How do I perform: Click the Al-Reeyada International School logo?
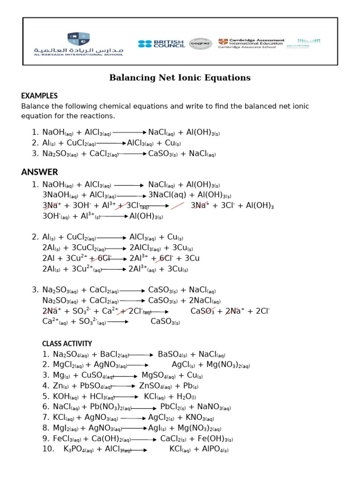pos(78,44)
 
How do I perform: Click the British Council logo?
pos(161,44)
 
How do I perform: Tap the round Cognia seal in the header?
pos(200,44)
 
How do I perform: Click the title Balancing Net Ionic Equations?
pos(180,78)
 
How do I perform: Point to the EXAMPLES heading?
pos(39,96)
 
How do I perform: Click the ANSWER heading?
pos(39,172)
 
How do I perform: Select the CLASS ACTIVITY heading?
pos(67,344)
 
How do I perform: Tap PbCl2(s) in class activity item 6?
pos(174,407)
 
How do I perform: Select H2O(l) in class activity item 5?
pos(186,397)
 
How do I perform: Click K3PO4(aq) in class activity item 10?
pos(78,449)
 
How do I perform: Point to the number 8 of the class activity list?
pos(45,428)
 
